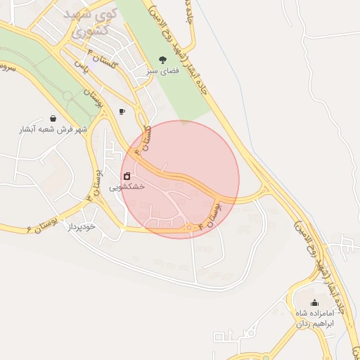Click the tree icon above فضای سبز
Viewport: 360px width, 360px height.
tap(163, 60)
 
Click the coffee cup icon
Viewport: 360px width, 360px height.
tap(122, 111)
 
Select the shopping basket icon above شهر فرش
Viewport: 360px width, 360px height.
tap(53, 118)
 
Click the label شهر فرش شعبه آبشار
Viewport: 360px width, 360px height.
tap(54, 130)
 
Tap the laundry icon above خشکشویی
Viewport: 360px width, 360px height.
tap(127, 176)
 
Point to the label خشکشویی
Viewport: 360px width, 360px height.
tap(127, 188)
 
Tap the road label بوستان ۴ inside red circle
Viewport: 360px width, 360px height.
tap(210, 214)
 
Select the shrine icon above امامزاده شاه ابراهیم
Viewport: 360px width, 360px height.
tap(314, 303)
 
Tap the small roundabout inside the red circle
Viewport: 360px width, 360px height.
tap(189, 228)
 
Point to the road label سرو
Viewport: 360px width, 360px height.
tap(8, 68)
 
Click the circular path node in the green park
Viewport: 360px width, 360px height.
tap(67, 94)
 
